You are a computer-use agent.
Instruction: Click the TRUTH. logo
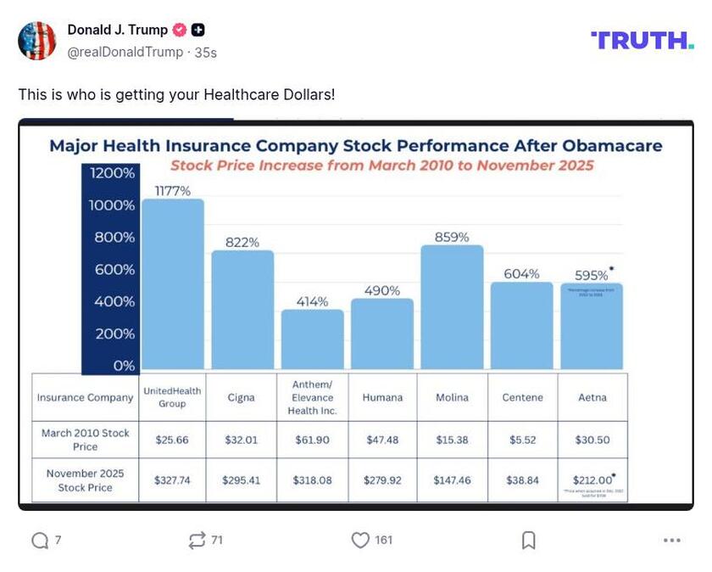[642, 40]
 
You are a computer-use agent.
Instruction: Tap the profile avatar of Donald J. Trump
[37, 41]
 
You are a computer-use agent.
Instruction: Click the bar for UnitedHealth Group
[172, 284]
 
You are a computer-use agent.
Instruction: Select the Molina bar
[452, 307]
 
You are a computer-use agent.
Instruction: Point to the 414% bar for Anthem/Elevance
[313, 339]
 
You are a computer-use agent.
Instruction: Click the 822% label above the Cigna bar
[242, 242]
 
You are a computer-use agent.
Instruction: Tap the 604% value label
[521, 273]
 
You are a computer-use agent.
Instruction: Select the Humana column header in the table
[382, 397]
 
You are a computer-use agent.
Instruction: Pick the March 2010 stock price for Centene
[522, 440]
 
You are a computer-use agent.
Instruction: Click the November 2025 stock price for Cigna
[242, 480]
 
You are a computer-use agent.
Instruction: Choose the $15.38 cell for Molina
[452, 440]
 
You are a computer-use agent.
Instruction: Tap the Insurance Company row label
[85, 397]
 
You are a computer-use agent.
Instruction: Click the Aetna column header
[592, 397]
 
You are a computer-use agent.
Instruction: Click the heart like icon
[361, 540]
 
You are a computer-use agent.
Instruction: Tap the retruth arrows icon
[197, 540]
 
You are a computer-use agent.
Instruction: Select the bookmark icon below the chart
[528, 540]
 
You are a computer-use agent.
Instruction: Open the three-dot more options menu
[672, 540]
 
